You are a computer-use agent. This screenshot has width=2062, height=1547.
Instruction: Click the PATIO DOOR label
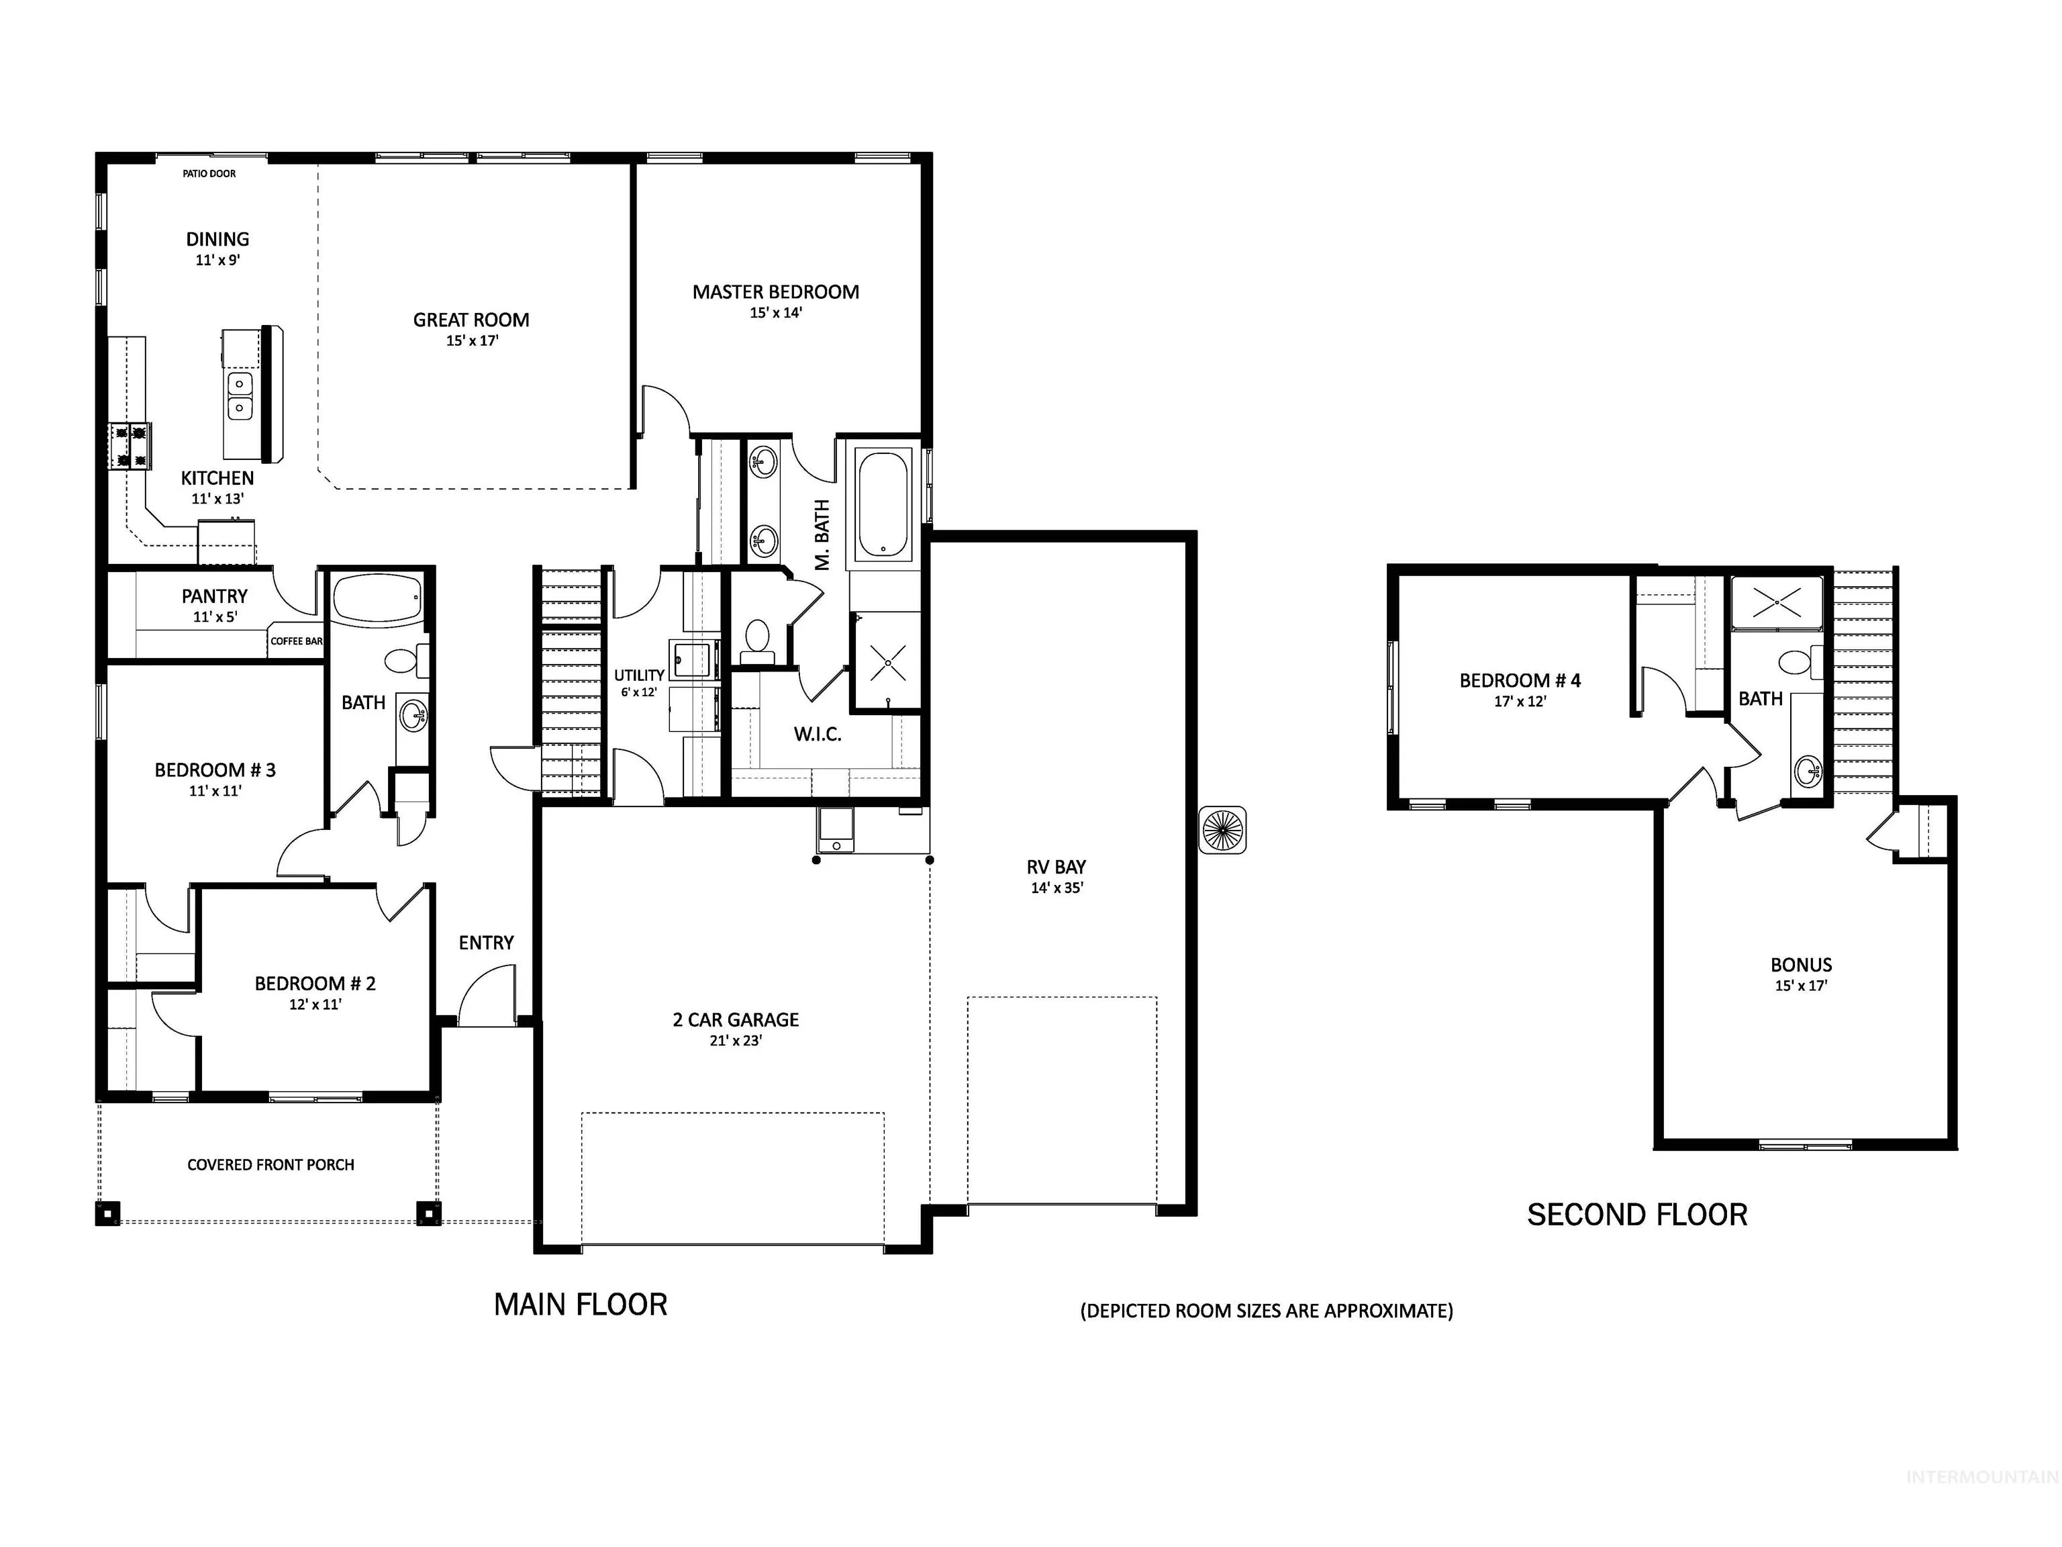coord(209,173)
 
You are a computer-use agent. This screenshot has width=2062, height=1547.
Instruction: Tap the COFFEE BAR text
coord(297,641)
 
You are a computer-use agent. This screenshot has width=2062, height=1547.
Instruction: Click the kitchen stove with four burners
coord(130,446)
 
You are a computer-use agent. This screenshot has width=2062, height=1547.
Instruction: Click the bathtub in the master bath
coord(883,504)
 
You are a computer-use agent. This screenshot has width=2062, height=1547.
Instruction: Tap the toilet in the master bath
coord(757,641)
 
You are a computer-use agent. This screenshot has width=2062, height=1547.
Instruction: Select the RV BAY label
coord(1056,868)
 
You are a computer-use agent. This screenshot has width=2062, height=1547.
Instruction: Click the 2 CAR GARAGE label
coord(736,1020)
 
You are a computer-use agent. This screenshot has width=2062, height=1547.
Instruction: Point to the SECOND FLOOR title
coord(1637,1215)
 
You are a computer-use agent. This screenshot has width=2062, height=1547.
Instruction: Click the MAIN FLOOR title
coord(581,1305)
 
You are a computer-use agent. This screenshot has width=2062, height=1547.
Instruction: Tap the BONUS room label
coord(1801,965)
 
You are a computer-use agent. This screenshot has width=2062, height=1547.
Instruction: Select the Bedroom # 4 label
coord(1520,681)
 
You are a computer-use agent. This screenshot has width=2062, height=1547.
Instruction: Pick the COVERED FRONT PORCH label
coord(271,1165)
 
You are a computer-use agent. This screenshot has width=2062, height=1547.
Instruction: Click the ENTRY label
coord(486,943)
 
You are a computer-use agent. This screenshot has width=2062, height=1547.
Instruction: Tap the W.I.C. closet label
coord(818,735)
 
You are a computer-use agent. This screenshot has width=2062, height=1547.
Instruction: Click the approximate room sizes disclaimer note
coord(1267,1311)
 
